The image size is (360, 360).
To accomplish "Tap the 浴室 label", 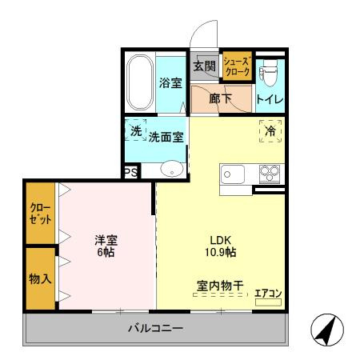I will coord(170,82).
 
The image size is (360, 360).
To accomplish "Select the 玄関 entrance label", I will coord(205,66).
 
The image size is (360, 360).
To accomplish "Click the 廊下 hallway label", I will coord(222,99).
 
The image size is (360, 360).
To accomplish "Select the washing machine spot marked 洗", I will coord(136,130).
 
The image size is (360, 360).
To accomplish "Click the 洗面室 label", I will coord(166,137).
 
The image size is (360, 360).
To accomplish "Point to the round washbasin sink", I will coord(170,169).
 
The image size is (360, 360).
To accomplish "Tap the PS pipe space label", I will coord(130,172).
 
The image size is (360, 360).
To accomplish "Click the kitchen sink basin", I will coord(233,173).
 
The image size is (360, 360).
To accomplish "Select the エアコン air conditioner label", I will coord(268,292).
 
